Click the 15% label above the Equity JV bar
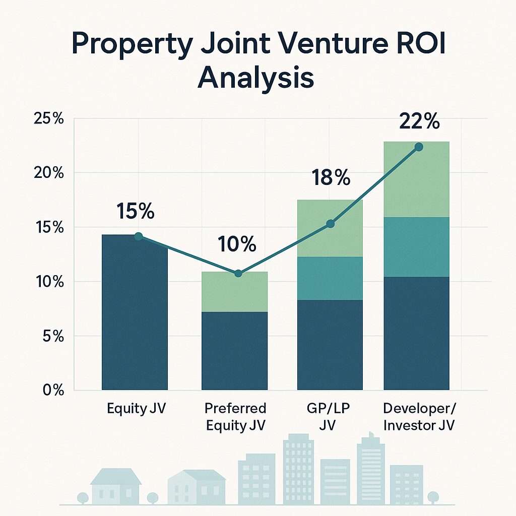[135, 212]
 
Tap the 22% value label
[419, 122]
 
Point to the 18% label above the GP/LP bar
[330, 178]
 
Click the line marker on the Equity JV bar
[139, 236]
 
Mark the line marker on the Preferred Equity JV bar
[238, 273]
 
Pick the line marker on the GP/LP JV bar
[330, 224]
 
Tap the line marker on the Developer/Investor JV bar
[418, 147]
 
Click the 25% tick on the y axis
[48, 119]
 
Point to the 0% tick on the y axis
[51, 390]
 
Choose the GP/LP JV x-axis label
[330, 416]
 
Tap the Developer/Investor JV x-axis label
[419, 416]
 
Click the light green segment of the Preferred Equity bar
[234, 292]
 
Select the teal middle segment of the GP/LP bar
[330, 278]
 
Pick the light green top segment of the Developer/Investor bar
[416, 179]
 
